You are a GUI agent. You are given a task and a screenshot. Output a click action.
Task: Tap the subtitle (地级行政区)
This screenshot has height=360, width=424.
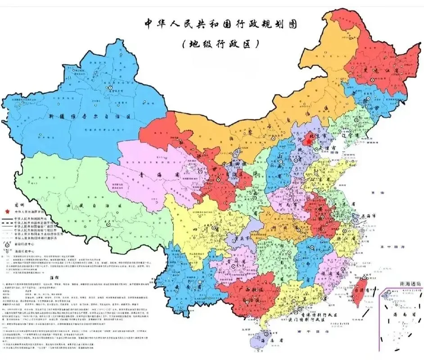(x=221, y=44)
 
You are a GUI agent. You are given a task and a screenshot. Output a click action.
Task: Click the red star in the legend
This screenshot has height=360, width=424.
(x=7, y=211)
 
